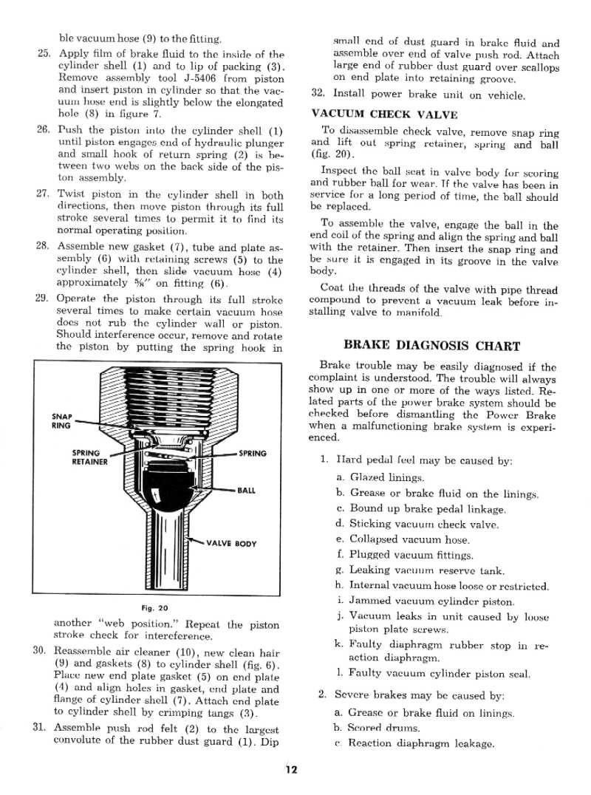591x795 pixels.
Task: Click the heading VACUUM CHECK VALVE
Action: [x=384, y=114]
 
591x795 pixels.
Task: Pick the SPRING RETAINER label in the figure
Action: [x=89, y=457]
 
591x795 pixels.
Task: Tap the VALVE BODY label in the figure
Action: [x=231, y=544]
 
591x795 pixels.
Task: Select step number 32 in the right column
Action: [x=318, y=94]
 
